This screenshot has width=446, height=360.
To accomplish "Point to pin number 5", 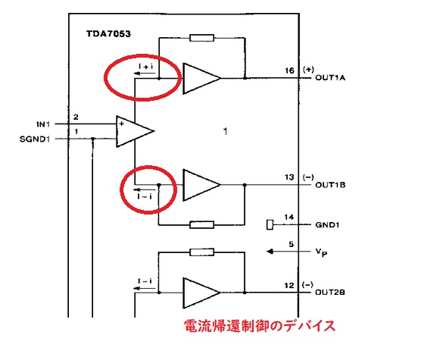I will click(290, 244).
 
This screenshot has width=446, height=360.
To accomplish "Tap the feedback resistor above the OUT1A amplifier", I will click(202, 37).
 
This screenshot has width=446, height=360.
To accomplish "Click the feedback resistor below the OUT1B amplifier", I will click(202, 224).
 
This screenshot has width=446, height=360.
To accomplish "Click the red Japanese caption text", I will click(260, 327).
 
